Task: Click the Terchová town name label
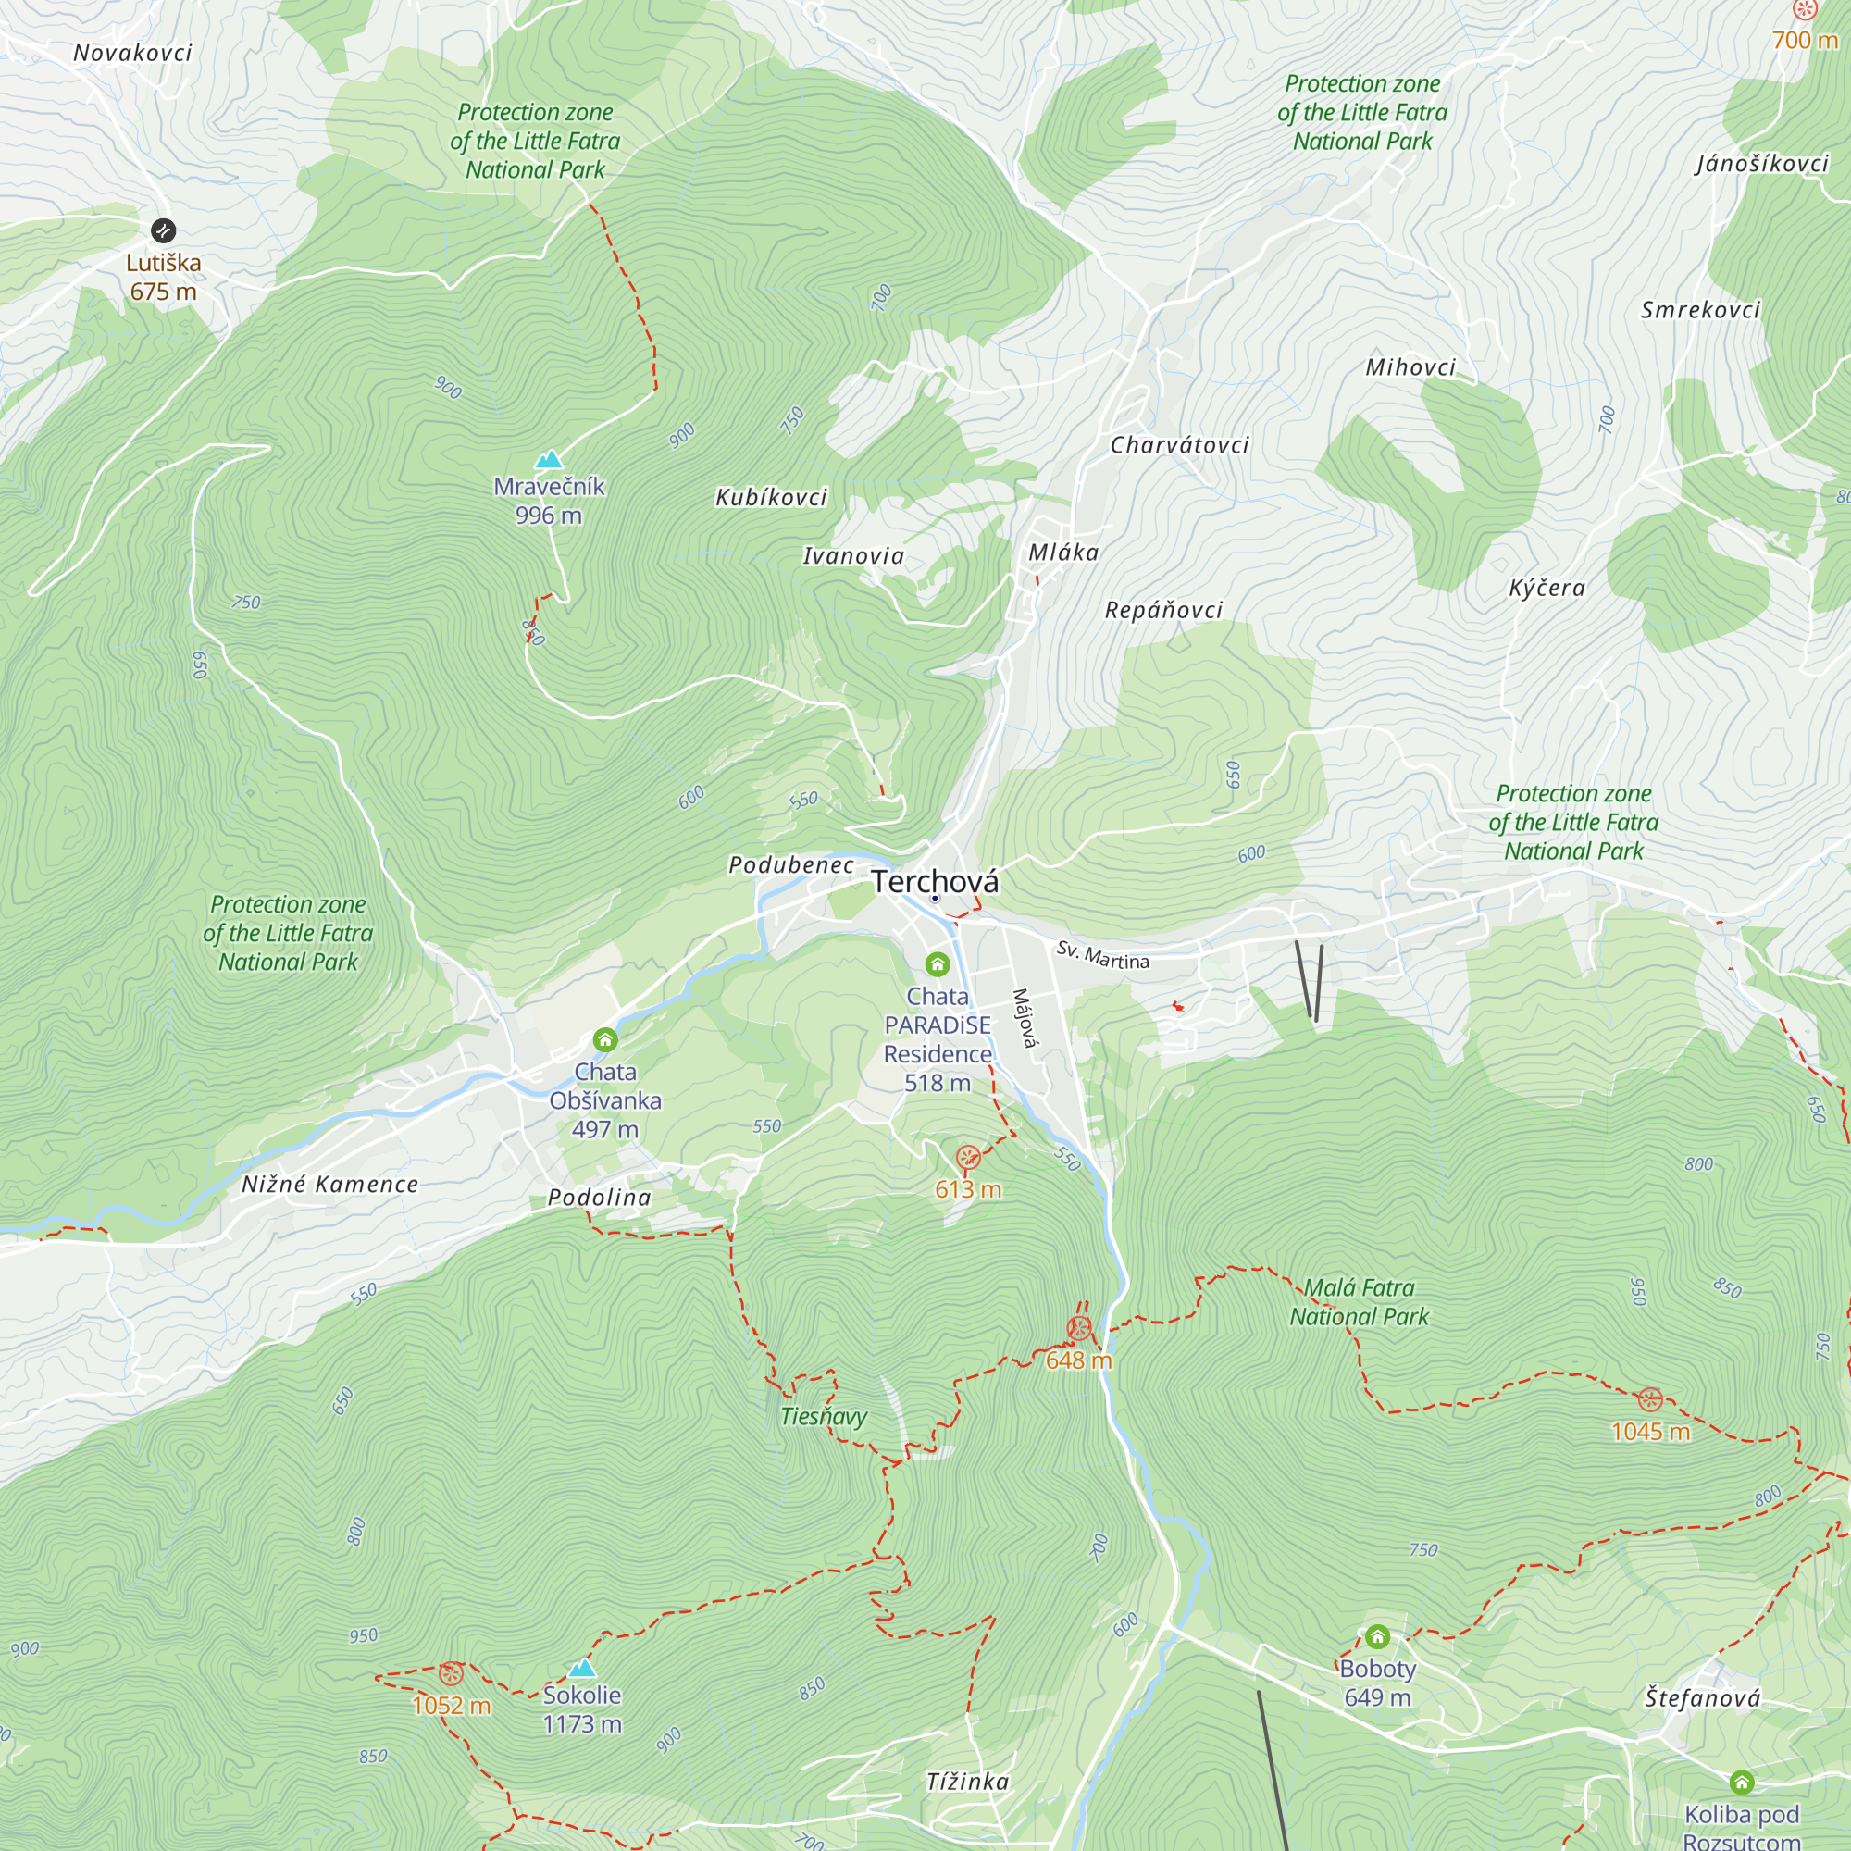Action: click(934, 881)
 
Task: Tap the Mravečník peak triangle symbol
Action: click(549, 460)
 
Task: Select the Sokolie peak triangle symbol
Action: click(581, 1669)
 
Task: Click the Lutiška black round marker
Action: click(163, 230)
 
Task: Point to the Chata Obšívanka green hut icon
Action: click(604, 1039)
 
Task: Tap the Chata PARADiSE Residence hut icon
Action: click(937, 963)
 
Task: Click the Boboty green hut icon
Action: click(1377, 1635)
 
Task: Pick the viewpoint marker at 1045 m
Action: click(1650, 1399)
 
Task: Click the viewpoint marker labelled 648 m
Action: click(1079, 1329)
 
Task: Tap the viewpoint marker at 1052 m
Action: click(452, 1673)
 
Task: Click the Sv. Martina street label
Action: click(1103, 955)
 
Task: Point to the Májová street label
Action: click(1025, 1018)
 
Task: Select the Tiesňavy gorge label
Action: click(823, 1416)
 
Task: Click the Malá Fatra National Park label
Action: click(1359, 1302)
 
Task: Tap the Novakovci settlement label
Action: click(133, 53)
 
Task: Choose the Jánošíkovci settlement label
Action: click(1762, 164)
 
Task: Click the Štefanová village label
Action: click(1703, 1698)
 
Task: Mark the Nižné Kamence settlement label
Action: click(329, 1185)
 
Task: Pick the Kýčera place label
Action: click(1547, 589)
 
